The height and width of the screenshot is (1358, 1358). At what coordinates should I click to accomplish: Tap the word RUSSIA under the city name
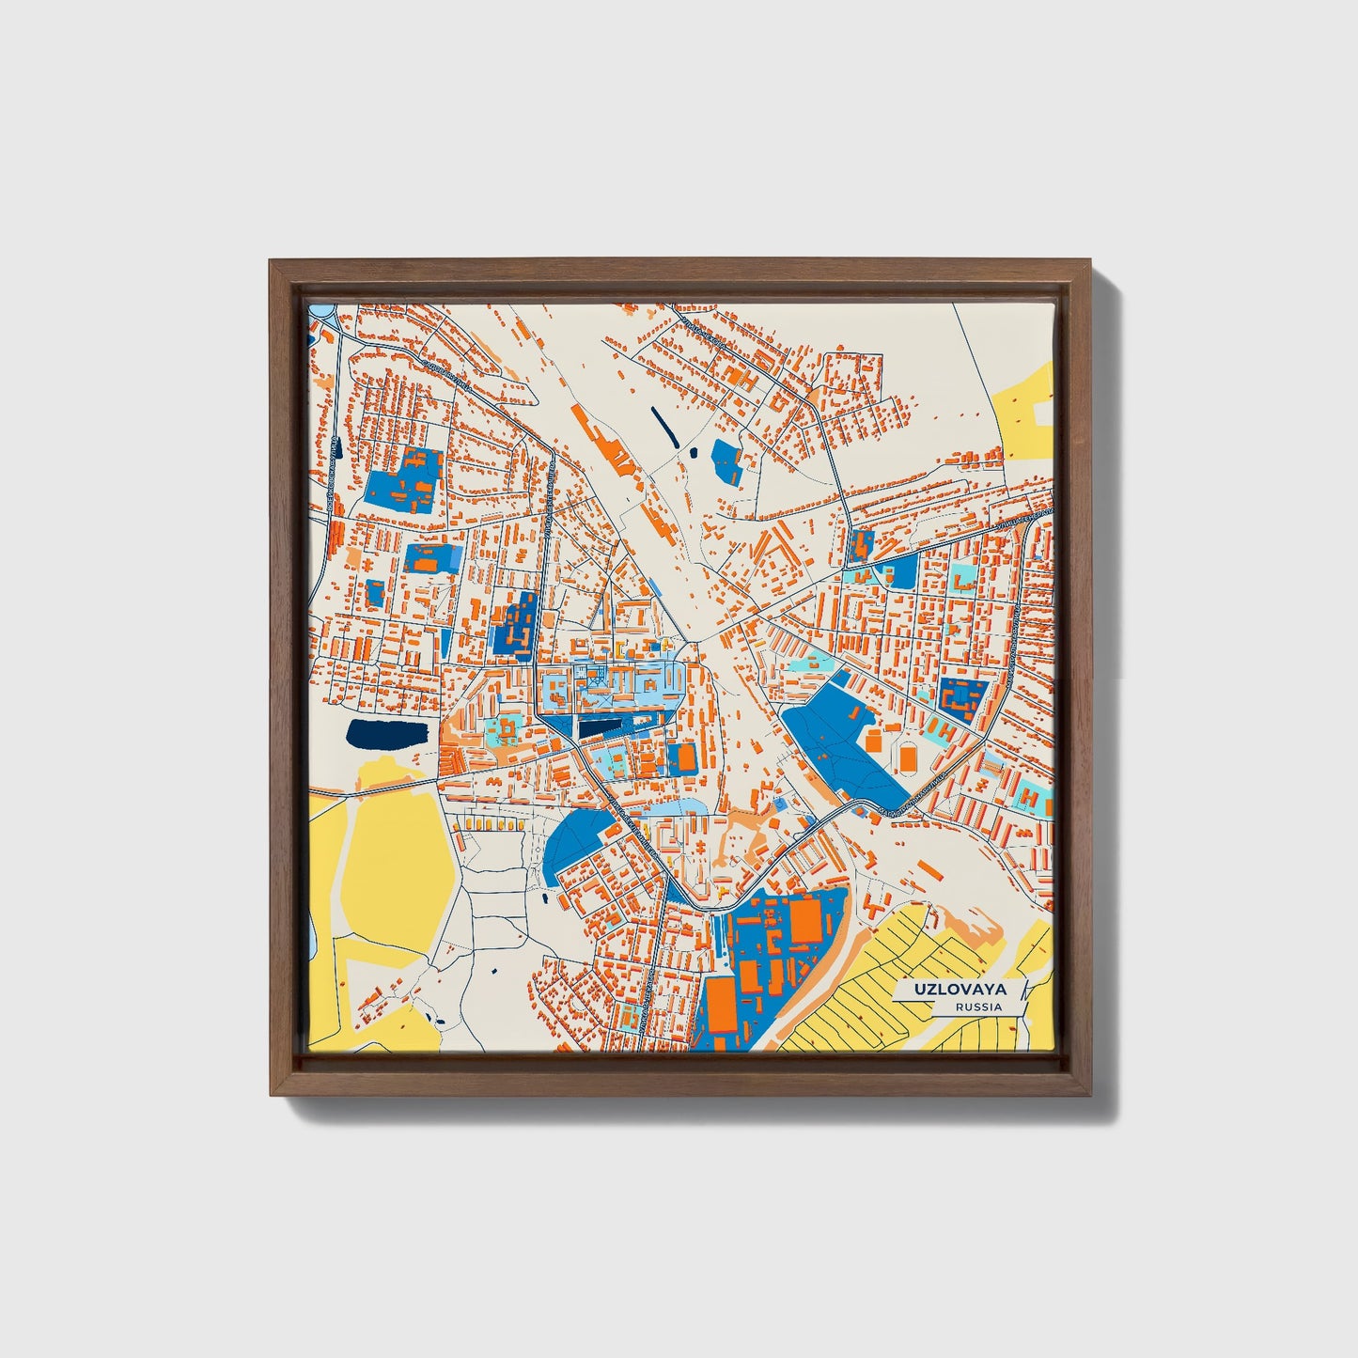coord(977,1007)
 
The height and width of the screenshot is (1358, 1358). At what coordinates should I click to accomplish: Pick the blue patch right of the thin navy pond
coord(727,460)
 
